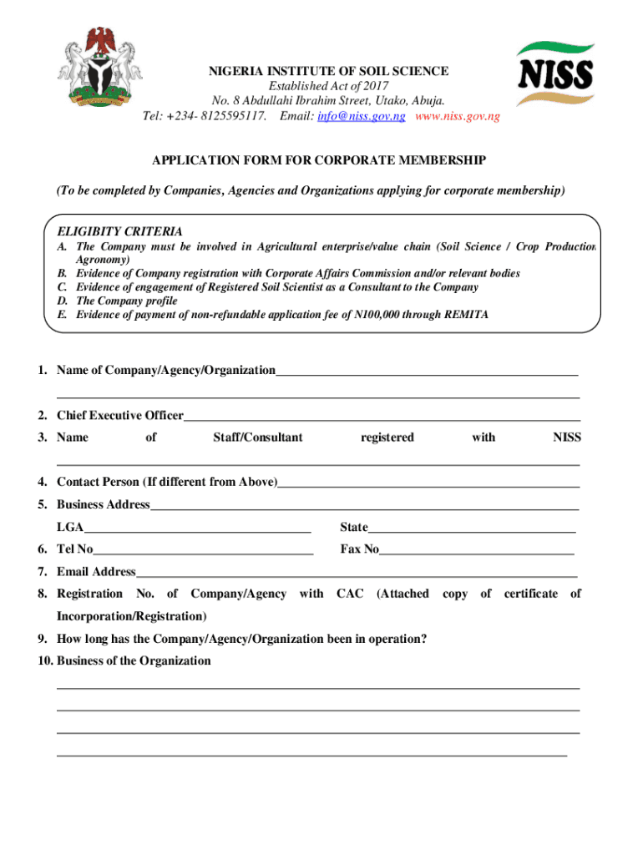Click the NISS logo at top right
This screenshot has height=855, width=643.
click(x=554, y=73)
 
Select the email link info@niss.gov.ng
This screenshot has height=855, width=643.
click(x=361, y=117)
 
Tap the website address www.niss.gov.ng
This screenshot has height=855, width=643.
click(x=458, y=117)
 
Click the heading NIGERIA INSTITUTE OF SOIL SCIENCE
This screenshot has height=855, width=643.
click(x=328, y=72)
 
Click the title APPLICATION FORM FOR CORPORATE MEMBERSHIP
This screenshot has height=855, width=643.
click(x=318, y=159)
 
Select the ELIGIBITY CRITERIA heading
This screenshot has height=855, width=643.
click(x=119, y=230)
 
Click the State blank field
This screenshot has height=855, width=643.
click(x=472, y=529)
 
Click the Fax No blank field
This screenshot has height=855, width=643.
click(x=477, y=551)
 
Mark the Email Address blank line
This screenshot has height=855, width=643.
click(x=356, y=574)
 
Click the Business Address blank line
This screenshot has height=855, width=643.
click(x=364, y=506)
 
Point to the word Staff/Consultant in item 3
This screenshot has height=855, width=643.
click(x=257, y=438)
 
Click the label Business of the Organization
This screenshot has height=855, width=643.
click(x=134, y=661)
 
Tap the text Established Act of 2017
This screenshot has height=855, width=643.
click(x=328, y=87)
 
